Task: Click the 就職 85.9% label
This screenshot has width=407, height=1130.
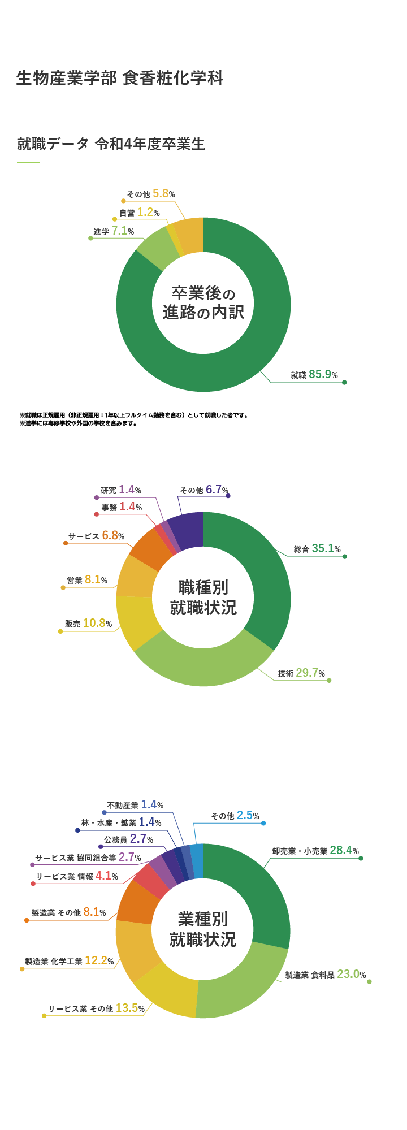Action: (x=314, y=375)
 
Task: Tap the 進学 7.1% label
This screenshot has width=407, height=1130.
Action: (x=114, y=231)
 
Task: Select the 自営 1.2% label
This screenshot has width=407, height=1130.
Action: (x=139, y=213)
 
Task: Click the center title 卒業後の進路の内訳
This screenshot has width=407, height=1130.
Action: (x=203, y=303)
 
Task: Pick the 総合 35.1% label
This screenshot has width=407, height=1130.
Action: (x=317, y=549)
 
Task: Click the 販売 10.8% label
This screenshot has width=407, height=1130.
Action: (x=88, y=624)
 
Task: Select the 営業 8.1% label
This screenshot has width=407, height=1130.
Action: (x=86, y=580)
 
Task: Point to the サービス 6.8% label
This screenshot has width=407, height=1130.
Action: (x=96, y=536)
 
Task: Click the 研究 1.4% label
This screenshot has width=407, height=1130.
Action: (x=120, y=490)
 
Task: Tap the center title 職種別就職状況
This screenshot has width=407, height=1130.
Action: (x=203, y=598)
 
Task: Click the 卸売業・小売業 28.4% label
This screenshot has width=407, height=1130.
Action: (x=315, y=851)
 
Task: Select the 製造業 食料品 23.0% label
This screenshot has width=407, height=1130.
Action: (x=325, y=975)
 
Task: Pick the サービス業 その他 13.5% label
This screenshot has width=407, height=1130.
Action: (x=96, y=1008)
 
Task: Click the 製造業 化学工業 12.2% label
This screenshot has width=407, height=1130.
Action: (x=69, y=961)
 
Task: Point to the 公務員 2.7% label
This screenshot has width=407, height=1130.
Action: (x=128, y=839)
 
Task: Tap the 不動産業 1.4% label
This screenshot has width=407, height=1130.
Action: (x=135, y=805)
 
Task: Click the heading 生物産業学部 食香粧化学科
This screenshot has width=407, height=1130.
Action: (x=120, y=78)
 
